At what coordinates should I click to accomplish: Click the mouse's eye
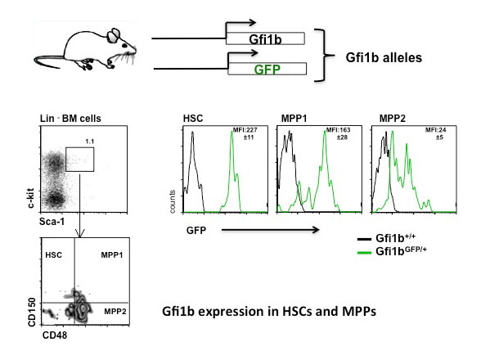click(x=124, y=46)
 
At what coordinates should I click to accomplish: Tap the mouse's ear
click(x=115, y=35)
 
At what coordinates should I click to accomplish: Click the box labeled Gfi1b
click(x=265, y=38)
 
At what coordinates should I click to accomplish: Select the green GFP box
click(x=267, y=69)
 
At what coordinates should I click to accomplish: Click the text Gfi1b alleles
click(x=384, y=57)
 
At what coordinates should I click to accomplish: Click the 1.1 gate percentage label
click(x=89, y=142)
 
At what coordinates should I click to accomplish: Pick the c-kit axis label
click(x=31, y=199)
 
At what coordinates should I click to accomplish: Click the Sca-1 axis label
click(x=52, y=221)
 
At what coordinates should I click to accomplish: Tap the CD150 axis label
click(x=32, y=313)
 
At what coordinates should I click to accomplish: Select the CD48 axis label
click(x=55, y=335)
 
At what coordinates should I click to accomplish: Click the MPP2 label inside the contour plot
click(x=115, y=312)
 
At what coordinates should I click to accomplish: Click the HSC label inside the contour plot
click(x=53, y=255)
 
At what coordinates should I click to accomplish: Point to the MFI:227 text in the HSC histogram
click(x=245, y=130)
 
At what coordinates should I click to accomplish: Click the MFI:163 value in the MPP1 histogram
click(x=338, y=130)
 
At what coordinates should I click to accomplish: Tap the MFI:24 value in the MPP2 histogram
click(x=435, y=130)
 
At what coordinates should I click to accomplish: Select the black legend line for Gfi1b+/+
click(x=365, y=239)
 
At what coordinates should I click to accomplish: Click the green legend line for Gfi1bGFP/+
click(x=365, y=253)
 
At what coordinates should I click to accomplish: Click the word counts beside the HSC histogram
click(x=173, y=201)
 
